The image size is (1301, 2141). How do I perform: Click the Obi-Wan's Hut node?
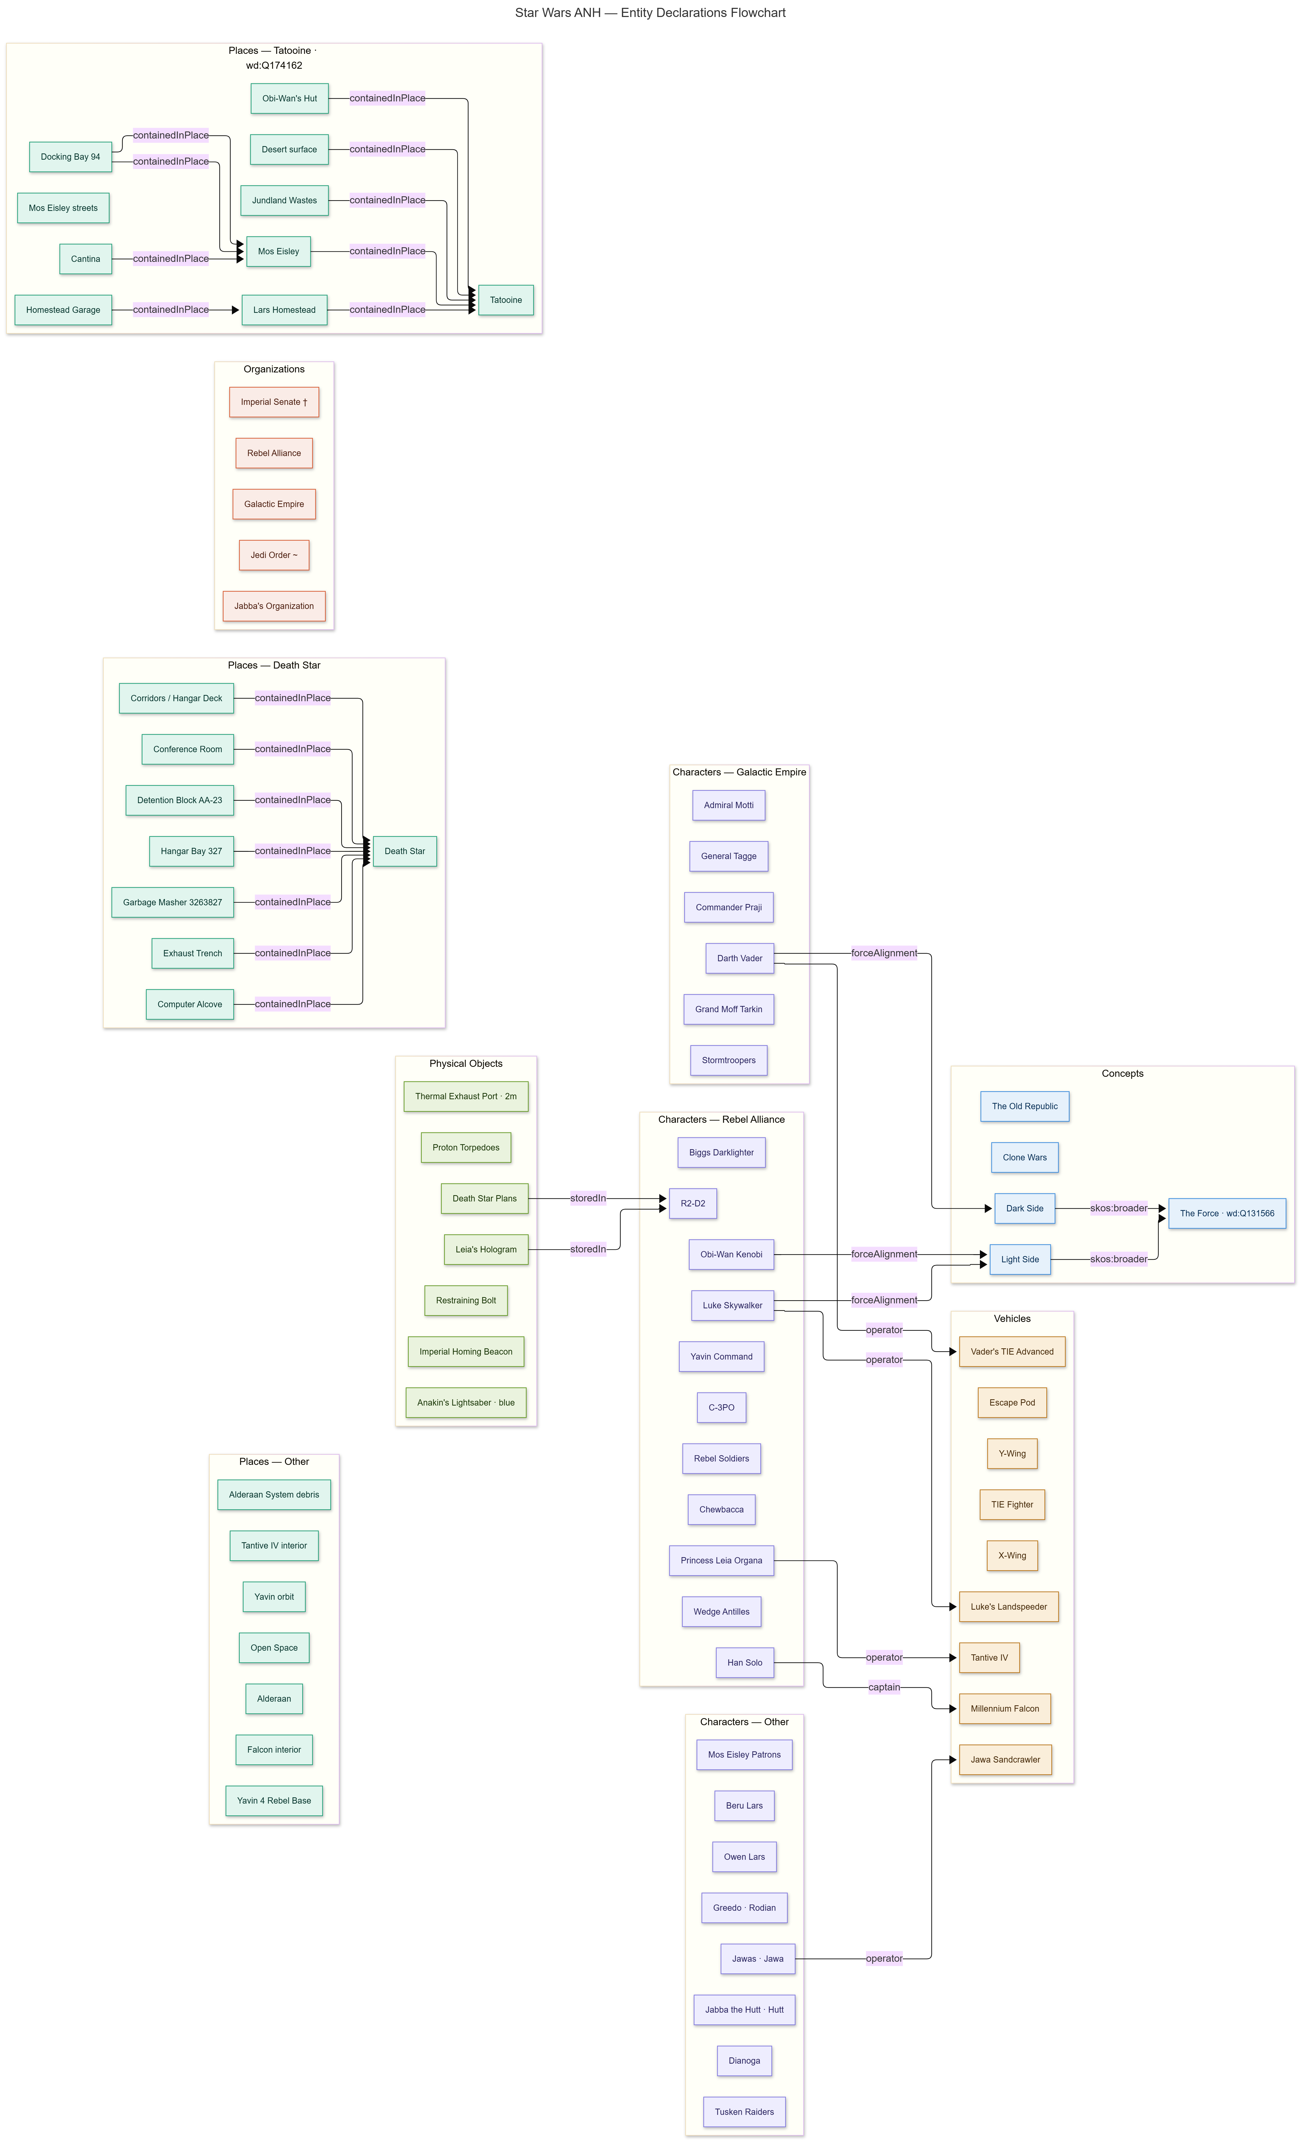coord(289,98)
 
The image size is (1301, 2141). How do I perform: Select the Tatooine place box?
coord(506,300)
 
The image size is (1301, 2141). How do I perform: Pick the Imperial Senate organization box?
coord(274,401)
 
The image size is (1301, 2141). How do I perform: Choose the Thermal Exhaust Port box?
coord(466,1096)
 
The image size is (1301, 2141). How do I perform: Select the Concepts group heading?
coord(1122,1073)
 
